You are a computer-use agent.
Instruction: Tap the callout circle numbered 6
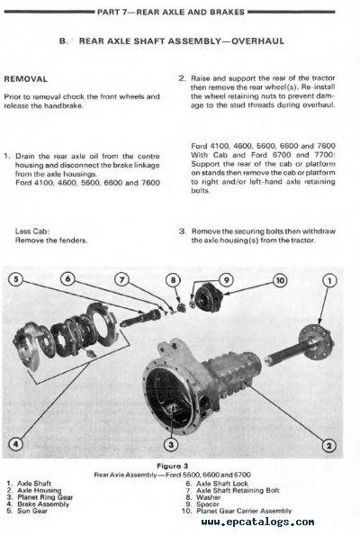tap(69, 280)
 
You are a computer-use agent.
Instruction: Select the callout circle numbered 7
tap(122, 280)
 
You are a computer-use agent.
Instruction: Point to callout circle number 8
tap(173, 280)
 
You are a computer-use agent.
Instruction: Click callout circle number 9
tap(226, 280)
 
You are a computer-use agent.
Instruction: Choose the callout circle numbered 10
tap(280, 280)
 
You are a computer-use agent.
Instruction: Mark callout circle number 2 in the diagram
tap(329, 447)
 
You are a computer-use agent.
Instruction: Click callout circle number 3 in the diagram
tap(171, 443)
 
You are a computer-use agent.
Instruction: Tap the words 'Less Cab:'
tap(31, 230)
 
